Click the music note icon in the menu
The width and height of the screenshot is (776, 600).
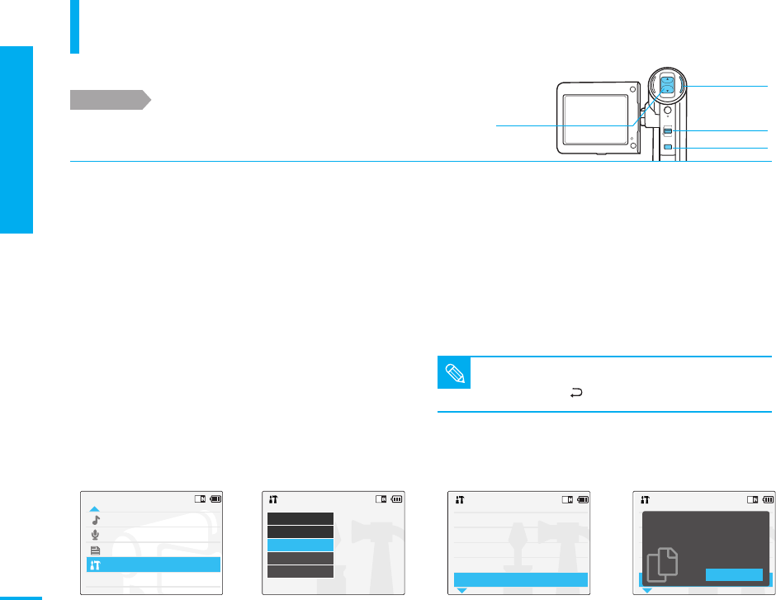click(x=95, y=520)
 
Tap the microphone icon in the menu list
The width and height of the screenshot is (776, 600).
click(x=95, y=535)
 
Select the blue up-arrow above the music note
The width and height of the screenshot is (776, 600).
click(x=95, y=509)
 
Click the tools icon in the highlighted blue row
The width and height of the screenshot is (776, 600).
click(x=95, y=565)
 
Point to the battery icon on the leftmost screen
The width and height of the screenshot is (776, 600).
click(x=215, y=498)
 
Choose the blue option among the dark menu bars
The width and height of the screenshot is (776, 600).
click(x=300, y=546)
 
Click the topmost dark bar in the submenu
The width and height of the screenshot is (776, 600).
click(x=300, y=518)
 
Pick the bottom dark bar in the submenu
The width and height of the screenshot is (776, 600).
click(x=300, y=571)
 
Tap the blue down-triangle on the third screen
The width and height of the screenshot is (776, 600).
click(x=461, y=591)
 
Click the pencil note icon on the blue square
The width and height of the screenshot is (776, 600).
click(x=452, y=373)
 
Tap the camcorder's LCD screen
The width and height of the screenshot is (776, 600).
click(x=596, y=120)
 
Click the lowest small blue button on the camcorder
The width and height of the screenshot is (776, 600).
click(x=668, y=148)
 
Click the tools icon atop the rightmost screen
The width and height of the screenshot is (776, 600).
click(x=645, y=499)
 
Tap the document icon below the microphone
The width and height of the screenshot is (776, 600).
click(x=95, y=550)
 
